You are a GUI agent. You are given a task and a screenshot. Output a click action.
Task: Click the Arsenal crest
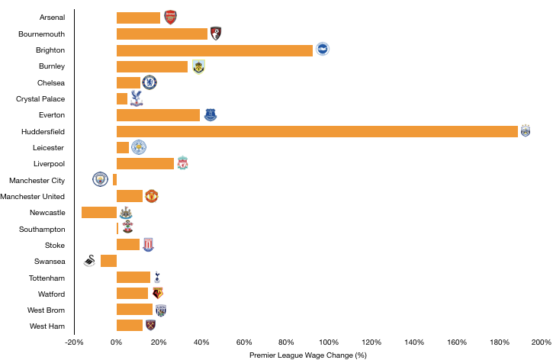[x=170, y=18]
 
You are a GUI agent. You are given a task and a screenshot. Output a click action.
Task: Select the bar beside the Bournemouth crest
[x=162, y=34]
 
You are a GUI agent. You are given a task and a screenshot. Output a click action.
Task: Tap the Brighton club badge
[x=323, y=49]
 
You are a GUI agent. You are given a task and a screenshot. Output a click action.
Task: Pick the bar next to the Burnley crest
[x=152, y=67]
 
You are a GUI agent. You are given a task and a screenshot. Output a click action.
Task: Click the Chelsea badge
[x=150, y=82]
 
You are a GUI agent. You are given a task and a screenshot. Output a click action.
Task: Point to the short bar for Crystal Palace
[x=122, y=99]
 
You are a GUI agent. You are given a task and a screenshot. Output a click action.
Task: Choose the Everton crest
[x=211, y=114]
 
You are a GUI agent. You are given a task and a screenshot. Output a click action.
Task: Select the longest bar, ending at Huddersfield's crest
[x=317, y=132]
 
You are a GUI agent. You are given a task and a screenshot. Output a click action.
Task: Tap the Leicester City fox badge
[x=139, y=147]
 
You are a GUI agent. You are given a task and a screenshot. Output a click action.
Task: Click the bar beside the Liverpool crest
[x=145, y=164]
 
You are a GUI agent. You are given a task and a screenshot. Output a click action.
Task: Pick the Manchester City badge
[x=100, y=179]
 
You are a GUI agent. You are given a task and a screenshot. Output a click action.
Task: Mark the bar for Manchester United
[x=130, y=196]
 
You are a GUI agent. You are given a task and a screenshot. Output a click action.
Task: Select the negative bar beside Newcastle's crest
[x=99, y=213]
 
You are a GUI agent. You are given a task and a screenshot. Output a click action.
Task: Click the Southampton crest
[x=127, y=227]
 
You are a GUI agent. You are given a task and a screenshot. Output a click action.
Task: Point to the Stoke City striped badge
[x=148, y=245]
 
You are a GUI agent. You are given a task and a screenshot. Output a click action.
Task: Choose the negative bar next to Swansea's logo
[x=108, y=261]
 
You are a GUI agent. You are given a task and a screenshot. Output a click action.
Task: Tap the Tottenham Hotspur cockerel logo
[x=157, y=277]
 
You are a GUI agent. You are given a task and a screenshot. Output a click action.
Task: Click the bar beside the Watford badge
[x=132, y=294]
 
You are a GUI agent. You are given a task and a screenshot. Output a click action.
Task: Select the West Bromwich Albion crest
[x=161, y=310]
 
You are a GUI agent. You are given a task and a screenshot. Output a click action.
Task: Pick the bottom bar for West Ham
[x=129, y=326]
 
